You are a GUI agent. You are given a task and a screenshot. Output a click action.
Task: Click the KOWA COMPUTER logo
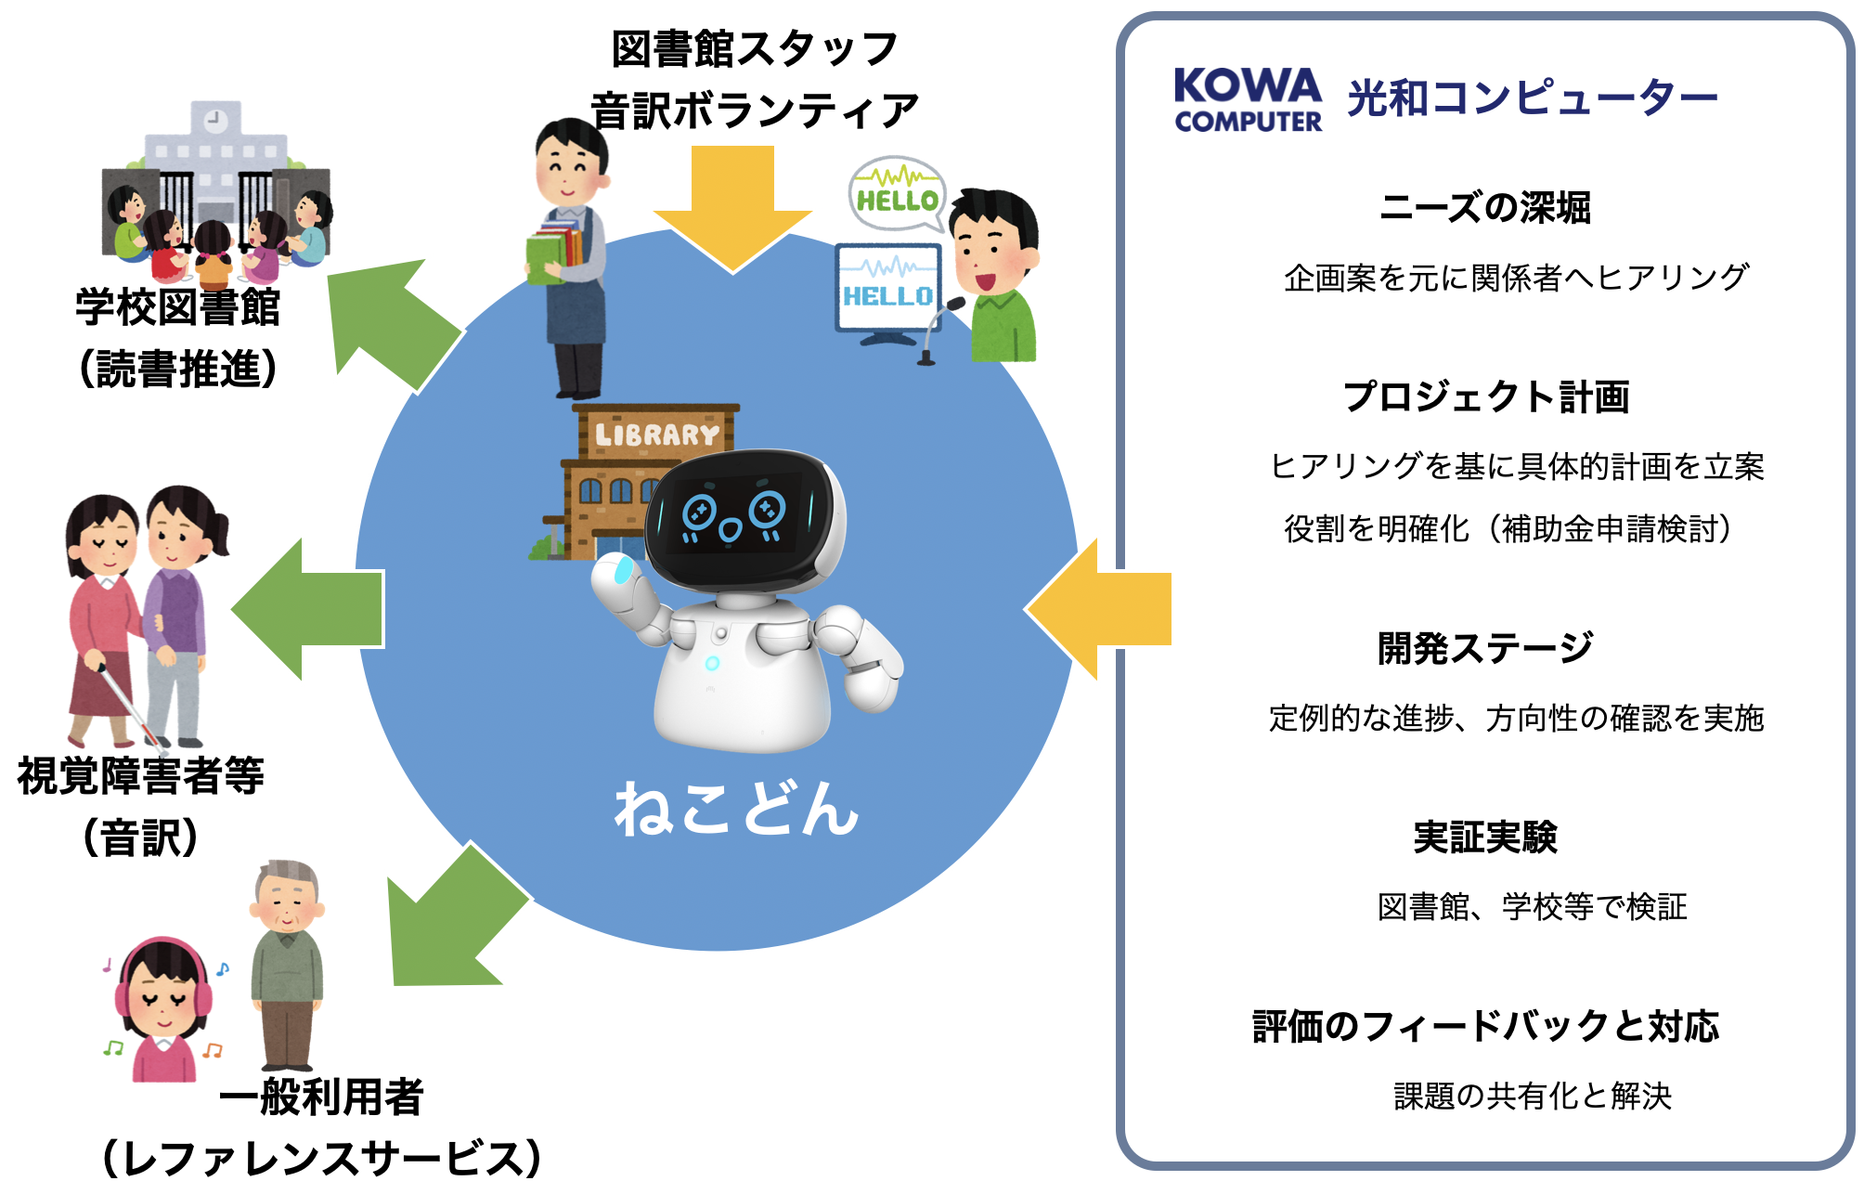coord(1248,100)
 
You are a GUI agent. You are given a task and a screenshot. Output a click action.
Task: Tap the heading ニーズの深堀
coord(1485,207)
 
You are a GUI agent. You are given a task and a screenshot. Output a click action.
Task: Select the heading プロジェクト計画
coord(1486,396)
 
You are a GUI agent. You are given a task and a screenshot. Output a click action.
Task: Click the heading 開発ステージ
coord(1485,647)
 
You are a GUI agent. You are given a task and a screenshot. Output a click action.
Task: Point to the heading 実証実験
coord(1485,837)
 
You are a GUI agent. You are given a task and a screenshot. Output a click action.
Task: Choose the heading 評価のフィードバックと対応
coord(1485,1026)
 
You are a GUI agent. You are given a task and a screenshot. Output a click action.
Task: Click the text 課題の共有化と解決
coord(1533,1096)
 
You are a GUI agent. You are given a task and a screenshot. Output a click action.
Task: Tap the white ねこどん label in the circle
coord(736,808)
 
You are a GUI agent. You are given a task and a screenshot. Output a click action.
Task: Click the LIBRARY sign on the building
coord(656,435)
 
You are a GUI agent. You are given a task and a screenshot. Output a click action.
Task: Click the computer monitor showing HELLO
coord(888,291)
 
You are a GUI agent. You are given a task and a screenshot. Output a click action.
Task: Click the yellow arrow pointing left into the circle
coord(1098,609)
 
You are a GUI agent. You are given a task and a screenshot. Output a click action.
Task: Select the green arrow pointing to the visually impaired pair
coord(307,609)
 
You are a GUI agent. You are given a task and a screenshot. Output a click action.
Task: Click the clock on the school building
coord(215,120)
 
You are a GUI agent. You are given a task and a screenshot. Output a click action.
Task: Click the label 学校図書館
coord(177,306)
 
